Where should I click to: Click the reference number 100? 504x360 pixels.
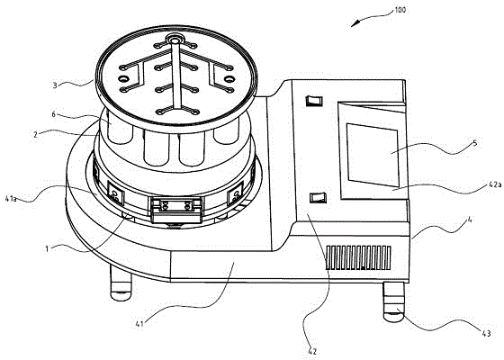pos(400,10)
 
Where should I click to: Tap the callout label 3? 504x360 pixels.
pos(55,85)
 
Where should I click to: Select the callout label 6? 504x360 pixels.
pos(54,114)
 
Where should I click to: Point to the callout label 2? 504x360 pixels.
pos(36,134)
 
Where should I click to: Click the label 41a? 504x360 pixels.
pos(11,199)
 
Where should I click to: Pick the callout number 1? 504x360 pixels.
pos(47,248)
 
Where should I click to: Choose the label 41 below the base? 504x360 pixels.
pos(139,324)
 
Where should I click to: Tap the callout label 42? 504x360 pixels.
pos(312,351)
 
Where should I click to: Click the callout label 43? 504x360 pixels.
pos(486,334)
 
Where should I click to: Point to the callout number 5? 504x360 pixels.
pos(475,143)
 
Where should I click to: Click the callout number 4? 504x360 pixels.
pos(470,220)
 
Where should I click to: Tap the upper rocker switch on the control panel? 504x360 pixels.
pos(314,101)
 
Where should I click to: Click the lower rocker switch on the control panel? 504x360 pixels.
pos(318,198)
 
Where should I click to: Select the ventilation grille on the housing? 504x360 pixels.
pos(358,257)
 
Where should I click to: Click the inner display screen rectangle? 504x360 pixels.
pos(373,155)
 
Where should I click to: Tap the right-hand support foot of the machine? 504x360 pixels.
pos(394,302)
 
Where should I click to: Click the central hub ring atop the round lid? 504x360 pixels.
pos(175,40)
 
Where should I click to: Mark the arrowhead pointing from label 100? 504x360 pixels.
pos(355,23)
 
